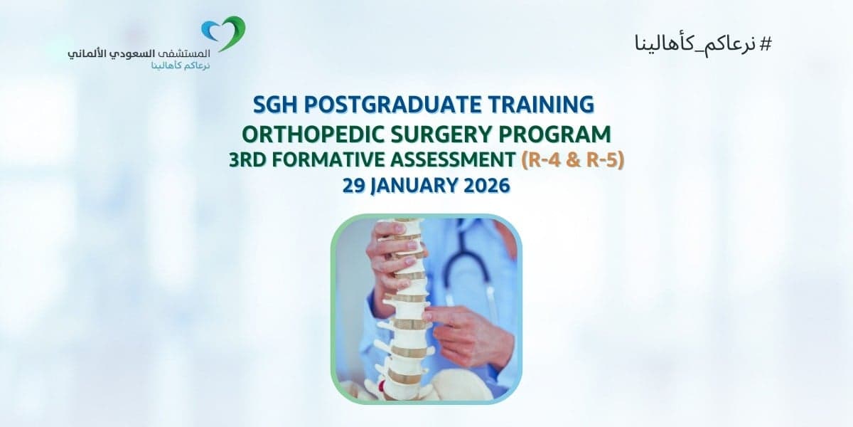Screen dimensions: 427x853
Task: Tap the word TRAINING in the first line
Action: point(540,105)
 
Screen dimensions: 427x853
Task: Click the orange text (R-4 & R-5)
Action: point(573,160)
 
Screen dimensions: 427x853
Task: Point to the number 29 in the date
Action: point(354,186)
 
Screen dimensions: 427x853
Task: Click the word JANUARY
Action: point(414,186)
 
